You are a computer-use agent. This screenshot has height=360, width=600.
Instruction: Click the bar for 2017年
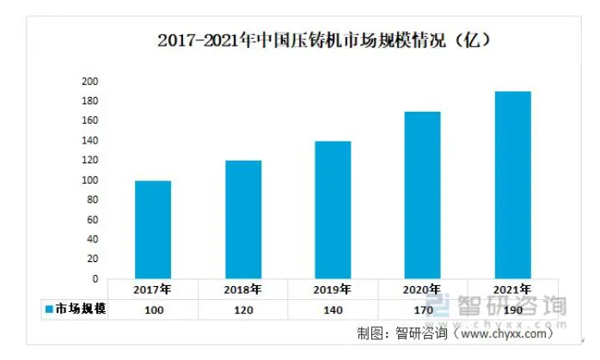(153, 229)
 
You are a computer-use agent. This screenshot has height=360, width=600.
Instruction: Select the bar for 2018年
(243, 219)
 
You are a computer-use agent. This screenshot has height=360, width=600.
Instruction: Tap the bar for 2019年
(333, 210)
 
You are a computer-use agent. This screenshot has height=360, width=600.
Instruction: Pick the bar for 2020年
(422, 195)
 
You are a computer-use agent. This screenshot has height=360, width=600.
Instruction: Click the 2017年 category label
(153, 290)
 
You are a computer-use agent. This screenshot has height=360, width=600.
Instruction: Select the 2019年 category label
(333, 290)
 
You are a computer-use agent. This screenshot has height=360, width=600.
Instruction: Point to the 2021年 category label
(512, 290)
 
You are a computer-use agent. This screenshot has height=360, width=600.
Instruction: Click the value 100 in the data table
(153, 309)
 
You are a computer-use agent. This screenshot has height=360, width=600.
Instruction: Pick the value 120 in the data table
(243, 309)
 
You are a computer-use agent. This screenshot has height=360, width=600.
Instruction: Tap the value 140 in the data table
(333, 309)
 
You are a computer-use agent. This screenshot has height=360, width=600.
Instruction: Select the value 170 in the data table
(422, 309)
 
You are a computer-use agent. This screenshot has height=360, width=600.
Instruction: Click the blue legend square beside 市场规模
(49, 309)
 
